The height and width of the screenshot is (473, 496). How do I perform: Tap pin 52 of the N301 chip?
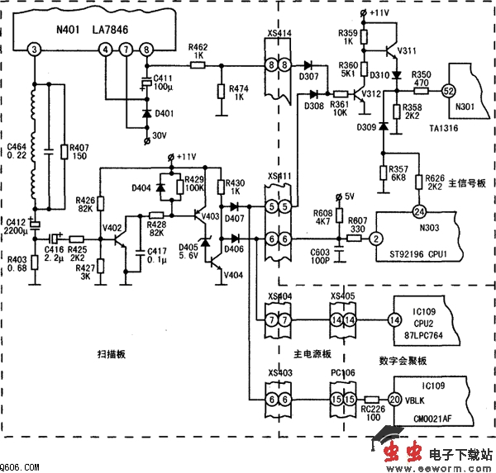click(x=449, y=88)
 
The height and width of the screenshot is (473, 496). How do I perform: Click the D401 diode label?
click(x=165, y=113)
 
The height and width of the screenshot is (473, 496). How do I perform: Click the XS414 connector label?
click(x=279, y=34)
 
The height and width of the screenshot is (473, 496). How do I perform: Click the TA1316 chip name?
click(x=444, y=127)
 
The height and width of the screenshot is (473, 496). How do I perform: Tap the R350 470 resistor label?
click(x=421, y=78)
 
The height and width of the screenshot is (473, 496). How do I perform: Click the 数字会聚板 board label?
click(x=402, y=360)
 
